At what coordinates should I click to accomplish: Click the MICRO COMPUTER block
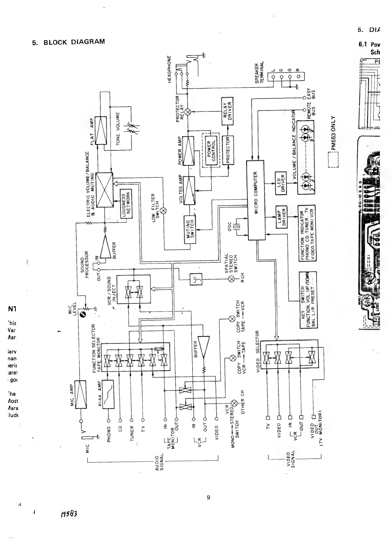coord(255,200)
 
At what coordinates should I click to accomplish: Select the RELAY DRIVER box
coord(227,111)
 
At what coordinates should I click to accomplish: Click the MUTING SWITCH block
coord(190,229)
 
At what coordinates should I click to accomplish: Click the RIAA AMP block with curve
coord(108,394)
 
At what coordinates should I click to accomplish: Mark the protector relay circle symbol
coord(188,112)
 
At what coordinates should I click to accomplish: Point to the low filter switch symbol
coord(164,211)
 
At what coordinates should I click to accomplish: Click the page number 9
coord(208,498)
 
